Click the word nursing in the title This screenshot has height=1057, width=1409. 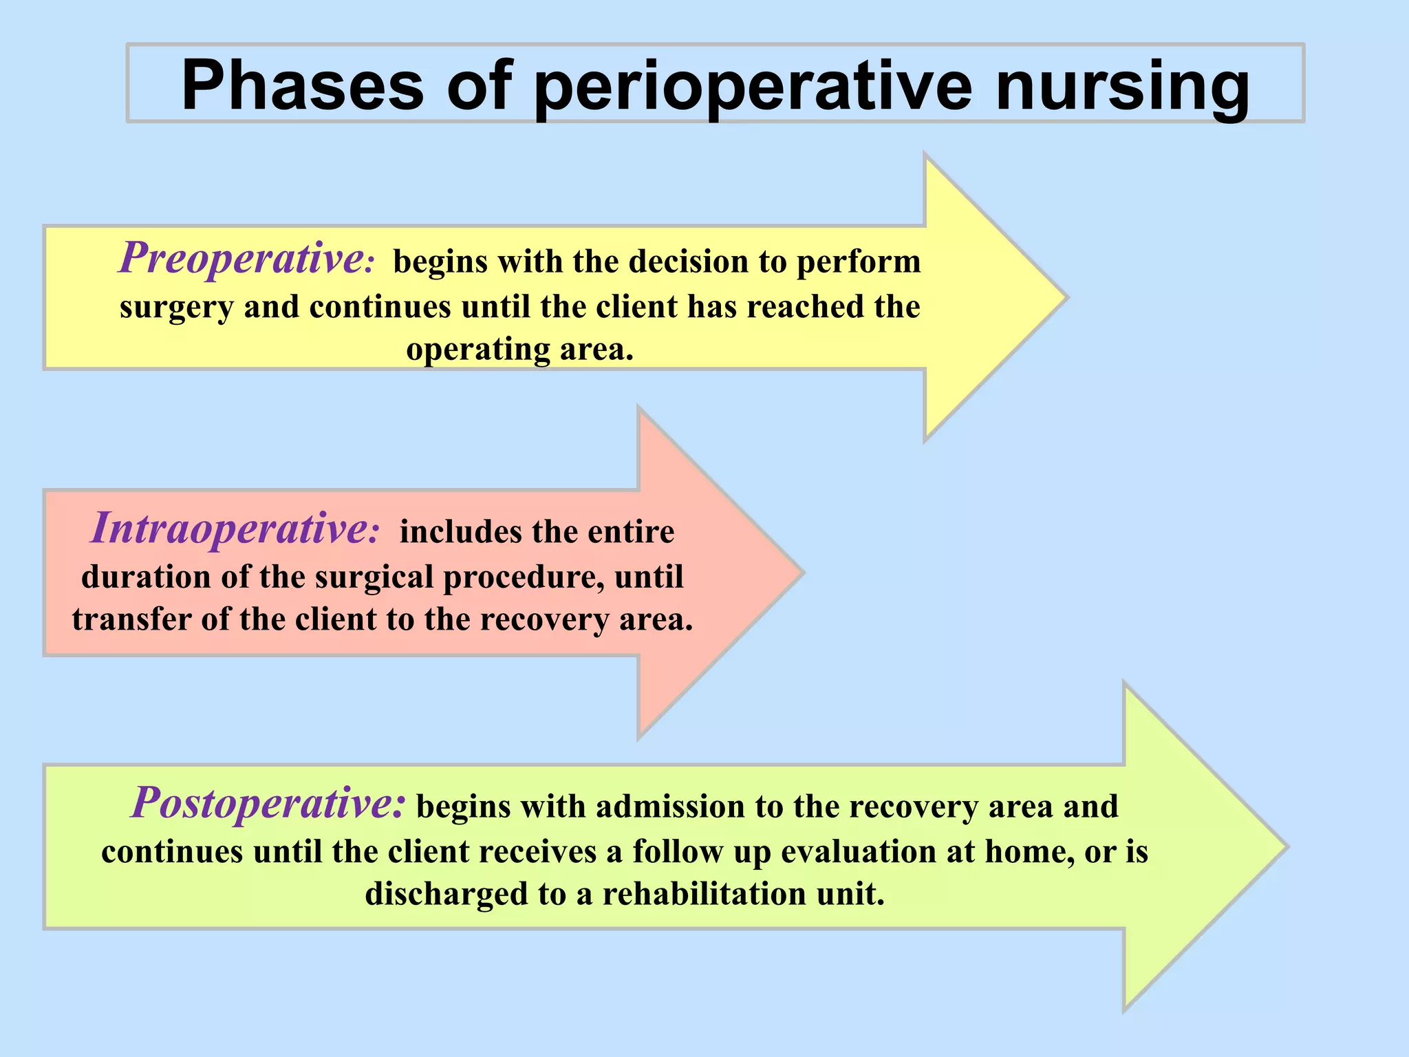click(x=1122, y=86)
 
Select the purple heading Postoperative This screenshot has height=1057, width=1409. click(x=264, y=802)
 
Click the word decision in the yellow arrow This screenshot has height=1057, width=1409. click(x=688, y=261)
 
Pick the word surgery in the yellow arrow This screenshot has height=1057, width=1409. click(x=176, y=307)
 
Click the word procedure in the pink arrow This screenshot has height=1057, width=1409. click(x=524, y=577)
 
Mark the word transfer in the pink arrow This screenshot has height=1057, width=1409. click(x=131, y=619)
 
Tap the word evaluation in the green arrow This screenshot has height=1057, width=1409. click(x=857, y=851)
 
